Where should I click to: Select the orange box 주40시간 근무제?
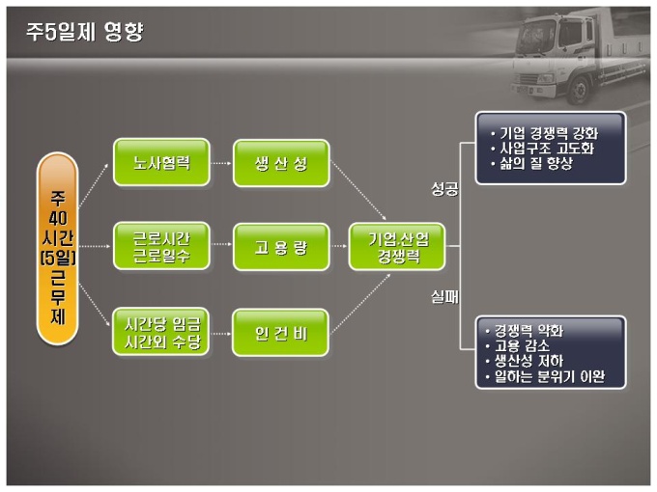(x=58, y=248)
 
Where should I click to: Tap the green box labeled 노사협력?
(x=160, y=163)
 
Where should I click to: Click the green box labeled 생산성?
(x=281, y=163)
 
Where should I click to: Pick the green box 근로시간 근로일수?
(x=160, y=247)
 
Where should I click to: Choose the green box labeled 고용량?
(x=281, y=247)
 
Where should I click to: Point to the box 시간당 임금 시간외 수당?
(x=160, y=330)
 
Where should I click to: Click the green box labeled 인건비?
(x=281, y=330)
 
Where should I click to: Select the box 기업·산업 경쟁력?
(x=398, y=247)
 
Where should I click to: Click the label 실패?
(x=443, y=300)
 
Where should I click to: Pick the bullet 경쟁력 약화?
(x=529, y=331)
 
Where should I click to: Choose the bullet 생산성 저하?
(x=529, y=362)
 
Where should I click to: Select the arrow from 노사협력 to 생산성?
(x=221, y=163)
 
